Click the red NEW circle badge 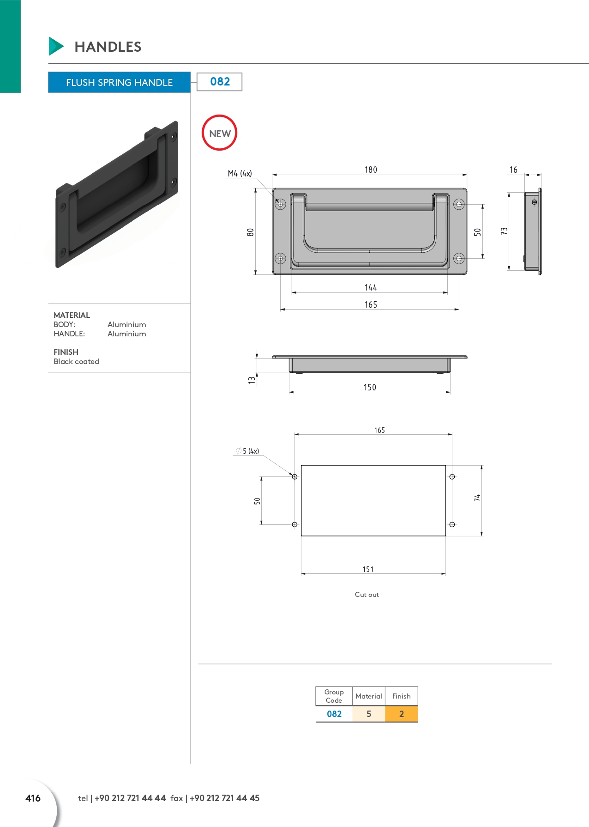pyautogui.click(x=219, y=133)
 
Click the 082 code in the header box pyautogui.click(x=220, y=82)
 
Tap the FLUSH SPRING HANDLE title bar pyautogui.click(x=119, y=82)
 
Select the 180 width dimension pyautogui.click(x=371, y=170)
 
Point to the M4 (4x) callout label pyautogui.click(x=240, y=174)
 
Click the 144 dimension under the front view pyautogui.click(x=371, y=287)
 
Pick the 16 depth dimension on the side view pyautogui.click(x=513, y=170)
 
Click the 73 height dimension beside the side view pyautogui.click(x=504, y=231)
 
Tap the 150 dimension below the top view pyautogui.click(x=370, y=387)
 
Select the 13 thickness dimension pyautogui.click(x=252, y=380)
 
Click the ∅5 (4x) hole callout pyautogui.click(x=247, y=451)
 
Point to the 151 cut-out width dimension pyautogui.click(x=368, y=569)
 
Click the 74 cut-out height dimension pyautogui.click(x=477, y=498)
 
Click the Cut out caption pyautogui.click(x=367, y=595)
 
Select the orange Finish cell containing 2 pyautogui.click(x=401, y=714)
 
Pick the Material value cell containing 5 pyautogui.click(x=368, y=714)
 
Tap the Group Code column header pyautogui.click(x=334, y=696)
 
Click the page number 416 pyautogui.click(x=33, y=798)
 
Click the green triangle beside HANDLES pyautogui.click(x=55, y=46)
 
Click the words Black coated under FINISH pyautogui.click(x=76, y=361)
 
